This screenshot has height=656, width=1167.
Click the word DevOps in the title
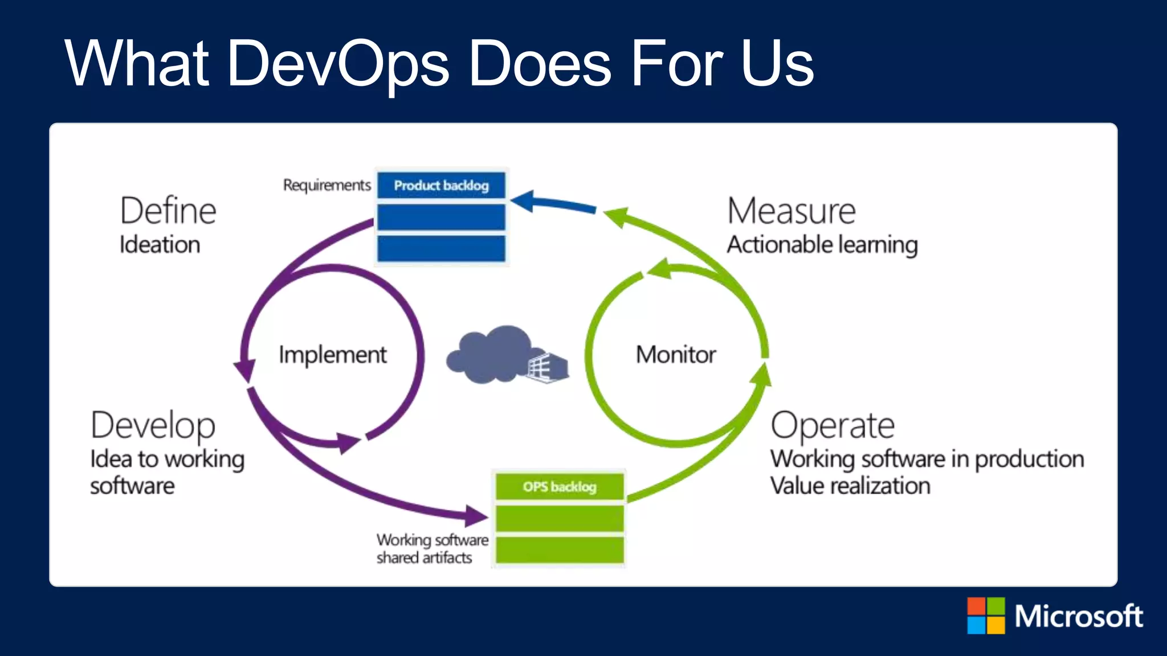338,64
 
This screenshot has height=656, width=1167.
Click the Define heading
168,211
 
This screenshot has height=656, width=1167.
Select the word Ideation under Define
160,245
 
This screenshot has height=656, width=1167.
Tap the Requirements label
327,185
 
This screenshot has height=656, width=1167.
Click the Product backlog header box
441,186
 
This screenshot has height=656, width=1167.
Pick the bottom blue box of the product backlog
441,248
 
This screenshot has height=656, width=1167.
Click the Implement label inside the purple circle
332,355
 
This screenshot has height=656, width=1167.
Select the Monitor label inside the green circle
676,355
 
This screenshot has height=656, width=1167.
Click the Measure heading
791,211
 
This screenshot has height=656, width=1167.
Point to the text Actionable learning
822,245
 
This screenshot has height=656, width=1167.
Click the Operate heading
833,425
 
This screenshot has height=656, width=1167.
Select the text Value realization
850,486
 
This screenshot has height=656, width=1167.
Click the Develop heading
153,425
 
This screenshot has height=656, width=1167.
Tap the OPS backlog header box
560,487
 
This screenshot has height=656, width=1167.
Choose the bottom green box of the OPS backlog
560,550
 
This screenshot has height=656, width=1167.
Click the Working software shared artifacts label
432,548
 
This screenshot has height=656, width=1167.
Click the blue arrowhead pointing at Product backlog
523,201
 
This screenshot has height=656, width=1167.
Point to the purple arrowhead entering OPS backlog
476,516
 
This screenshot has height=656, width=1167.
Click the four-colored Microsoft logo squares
986,616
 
